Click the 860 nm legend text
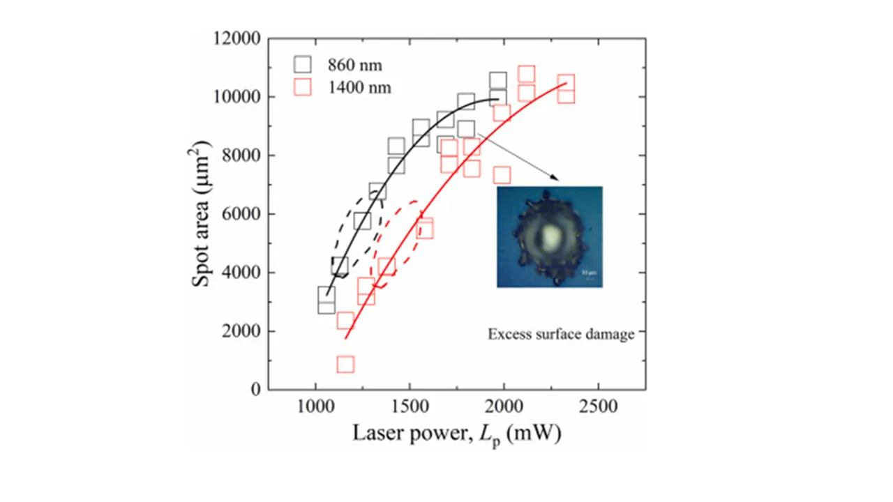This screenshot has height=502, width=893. coord(355,66)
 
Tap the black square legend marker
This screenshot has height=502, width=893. coord(302,65)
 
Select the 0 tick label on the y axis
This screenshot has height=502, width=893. coord(255,390)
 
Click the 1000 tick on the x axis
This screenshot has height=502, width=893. coord(315,406)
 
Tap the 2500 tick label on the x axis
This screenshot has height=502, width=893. coord(598,406)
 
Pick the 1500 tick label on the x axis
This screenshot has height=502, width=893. coord(410,406)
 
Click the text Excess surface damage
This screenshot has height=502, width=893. coord(561,335)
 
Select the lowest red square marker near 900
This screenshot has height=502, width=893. coord(345,364)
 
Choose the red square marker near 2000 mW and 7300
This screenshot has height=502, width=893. coord(502,174)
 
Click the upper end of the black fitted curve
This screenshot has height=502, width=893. coord(497,99)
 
